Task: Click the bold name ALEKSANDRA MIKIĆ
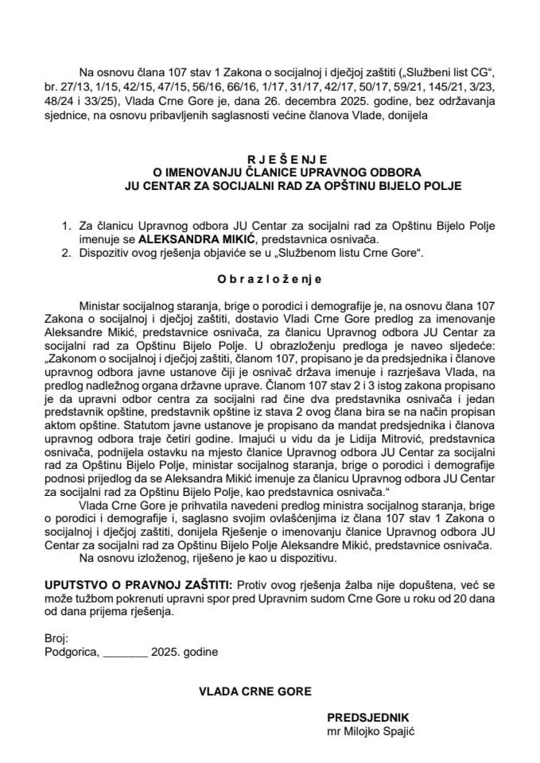[188, 237]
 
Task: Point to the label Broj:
[57, 638]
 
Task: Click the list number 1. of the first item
[66, 225]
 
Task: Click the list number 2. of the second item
[66, 250]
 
